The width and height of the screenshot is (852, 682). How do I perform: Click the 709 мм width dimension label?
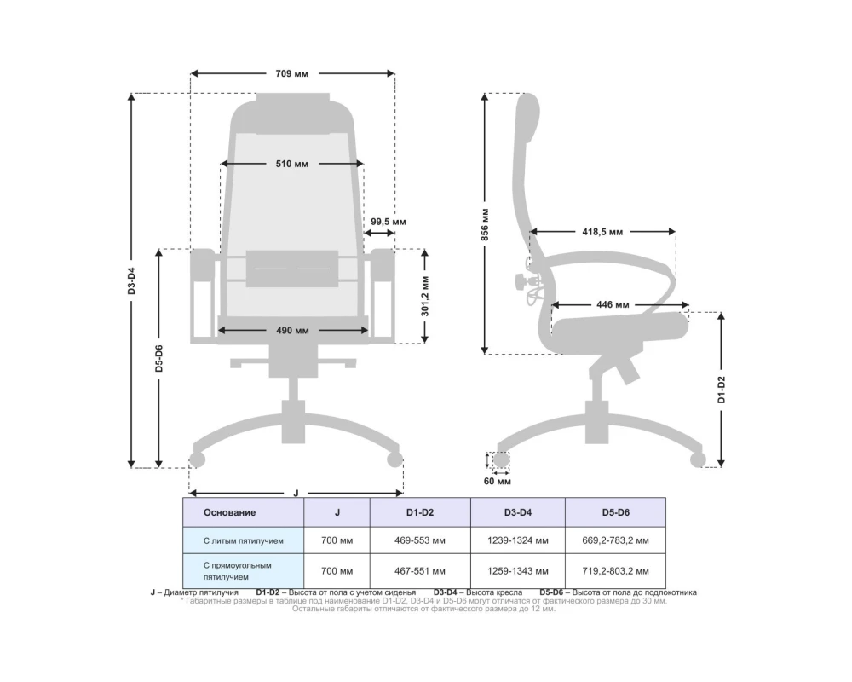(x=291, y=73)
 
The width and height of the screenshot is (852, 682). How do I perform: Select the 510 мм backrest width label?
(x=291, y=164)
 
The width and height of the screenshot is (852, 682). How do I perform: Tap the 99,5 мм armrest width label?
(x=389, y=222)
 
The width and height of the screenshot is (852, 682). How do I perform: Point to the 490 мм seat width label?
(x=292, y=331)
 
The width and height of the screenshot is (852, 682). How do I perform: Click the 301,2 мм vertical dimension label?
(x=425, y=297)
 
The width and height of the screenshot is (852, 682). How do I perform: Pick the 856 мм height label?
(x=486, y=224)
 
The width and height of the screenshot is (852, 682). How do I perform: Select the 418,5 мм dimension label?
(x=602, y=232)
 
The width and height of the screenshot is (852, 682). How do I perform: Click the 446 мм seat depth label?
(x=613, y=305)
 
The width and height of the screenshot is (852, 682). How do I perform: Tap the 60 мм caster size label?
(x=498, y=482)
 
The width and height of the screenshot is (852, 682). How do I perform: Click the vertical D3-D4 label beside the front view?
(x=131, y=280)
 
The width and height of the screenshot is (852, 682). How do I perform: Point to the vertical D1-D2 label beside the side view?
(x=722, y=390)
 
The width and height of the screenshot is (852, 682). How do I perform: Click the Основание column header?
(x=229, y=513)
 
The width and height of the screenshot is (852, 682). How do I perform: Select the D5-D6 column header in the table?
(x=616, y=513)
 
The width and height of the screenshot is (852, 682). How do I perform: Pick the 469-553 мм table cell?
(x=420, y=541)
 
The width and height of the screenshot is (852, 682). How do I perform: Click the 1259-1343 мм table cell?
(x=518, y=571)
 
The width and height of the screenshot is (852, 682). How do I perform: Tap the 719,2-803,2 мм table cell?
(x=616, y=571)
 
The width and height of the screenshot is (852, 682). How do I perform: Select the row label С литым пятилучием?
(x=244, y=541)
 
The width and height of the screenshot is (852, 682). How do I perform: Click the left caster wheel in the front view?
(x=197, y=460)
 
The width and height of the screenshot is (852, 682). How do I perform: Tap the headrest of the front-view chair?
(x=292, y=113)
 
